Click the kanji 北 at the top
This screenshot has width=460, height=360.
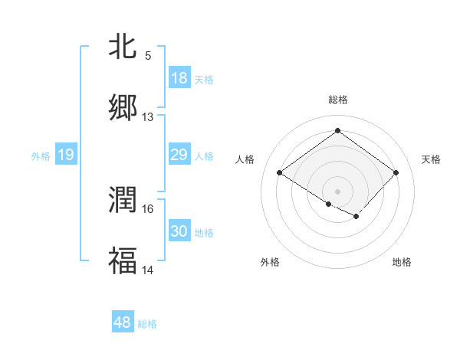pos(123,47)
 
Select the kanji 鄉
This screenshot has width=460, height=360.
pos(123,108)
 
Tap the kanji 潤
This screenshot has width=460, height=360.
pos(123,200)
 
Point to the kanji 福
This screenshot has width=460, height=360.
pos(123,260)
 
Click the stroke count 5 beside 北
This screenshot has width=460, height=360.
pos(148,55)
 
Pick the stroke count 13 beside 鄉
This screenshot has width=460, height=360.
pos(148,117)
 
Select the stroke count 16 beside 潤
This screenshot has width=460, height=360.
pos(148,208)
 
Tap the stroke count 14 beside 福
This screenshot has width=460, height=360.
pos(148,270)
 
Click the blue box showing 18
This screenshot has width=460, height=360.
pos(179,78)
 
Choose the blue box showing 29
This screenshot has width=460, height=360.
pos(179,155)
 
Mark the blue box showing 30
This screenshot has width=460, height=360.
pos(179,231)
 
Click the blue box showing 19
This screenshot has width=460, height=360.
pos(66,155)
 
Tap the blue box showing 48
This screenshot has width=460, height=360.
pos(123,322)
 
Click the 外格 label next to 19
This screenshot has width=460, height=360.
pos(41,156)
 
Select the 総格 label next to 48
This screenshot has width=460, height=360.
pos(147,324)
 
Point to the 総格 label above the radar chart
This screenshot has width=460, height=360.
pos(337,100)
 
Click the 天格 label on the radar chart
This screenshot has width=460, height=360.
pos(431,159)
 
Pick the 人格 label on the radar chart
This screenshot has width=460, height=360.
pos(245,159)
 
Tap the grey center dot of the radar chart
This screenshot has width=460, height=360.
pos(337,191)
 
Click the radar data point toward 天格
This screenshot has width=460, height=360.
pos(396,172)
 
